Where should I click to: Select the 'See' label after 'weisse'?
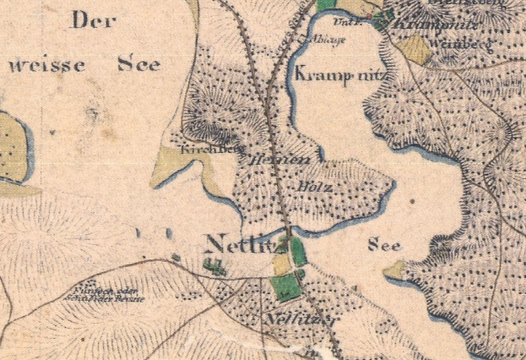click(138, 64)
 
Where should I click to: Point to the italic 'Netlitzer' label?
click(289, 320)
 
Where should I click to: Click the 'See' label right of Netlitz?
click(384, 245)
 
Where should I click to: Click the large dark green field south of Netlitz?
click(286, 286)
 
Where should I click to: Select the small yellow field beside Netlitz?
click(280, 265)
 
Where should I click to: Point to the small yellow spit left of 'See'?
click(394, 270)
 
